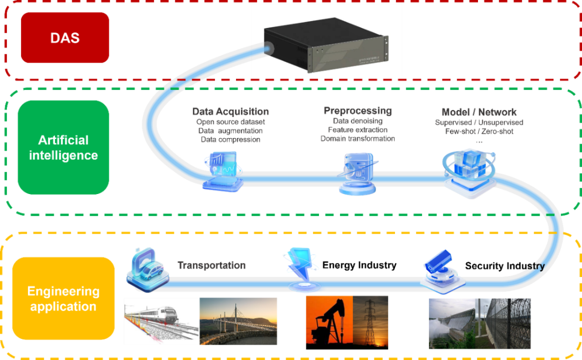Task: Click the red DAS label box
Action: (x=65, y=38)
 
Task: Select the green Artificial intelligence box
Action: (x=63, y=148)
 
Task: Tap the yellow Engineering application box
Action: (x=63, y=299)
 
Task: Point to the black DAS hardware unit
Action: (x=325, y=49)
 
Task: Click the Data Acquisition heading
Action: (x=231, y=112)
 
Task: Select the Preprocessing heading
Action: (x=357, y=111)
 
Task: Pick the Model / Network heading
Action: (x=479, y=112)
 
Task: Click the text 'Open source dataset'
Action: (x=231, y=122)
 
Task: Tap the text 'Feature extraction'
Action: (x=357, y=130)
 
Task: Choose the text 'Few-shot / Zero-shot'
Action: (x=479, y=131)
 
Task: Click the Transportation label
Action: (x=212, y=265)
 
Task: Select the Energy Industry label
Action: (x=359, y=265)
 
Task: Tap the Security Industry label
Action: (x=504, y=266)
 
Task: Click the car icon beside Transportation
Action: (x=148, y=268)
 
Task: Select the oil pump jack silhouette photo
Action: (x=329, y=322)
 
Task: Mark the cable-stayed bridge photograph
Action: (x=238, y=322)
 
